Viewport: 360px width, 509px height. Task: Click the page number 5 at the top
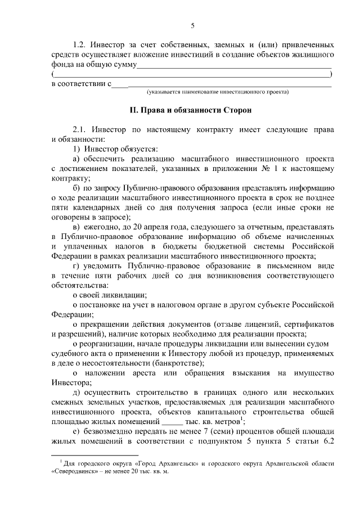[192, 25]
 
